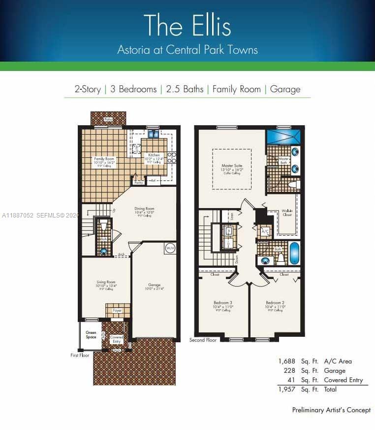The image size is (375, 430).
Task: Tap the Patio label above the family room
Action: click(x=108, y=119)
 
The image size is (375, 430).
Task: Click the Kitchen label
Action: click(x=154, y=155)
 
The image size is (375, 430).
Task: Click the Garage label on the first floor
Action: click(x=155, y=285)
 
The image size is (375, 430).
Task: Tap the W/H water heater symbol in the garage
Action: click(x=170, y=248)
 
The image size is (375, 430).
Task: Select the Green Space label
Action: click(x=91, y=335)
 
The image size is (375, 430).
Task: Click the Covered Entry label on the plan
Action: click(x=117, y=339)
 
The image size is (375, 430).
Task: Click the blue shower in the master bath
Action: click(x=285, y=136)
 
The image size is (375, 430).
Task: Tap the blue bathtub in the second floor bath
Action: click(x=295, y=253)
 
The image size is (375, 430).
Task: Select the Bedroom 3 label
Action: click(x=223, y=302)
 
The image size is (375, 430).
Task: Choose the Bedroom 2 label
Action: click(x=275, y=302)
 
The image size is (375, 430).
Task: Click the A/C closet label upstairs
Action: click(x=265, y=231)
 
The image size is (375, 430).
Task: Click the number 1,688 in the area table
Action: click(x=287, y=361)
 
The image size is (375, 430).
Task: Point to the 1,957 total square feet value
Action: click(x=287, y=390)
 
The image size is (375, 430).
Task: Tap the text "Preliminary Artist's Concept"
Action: click(x=331, y=410)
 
